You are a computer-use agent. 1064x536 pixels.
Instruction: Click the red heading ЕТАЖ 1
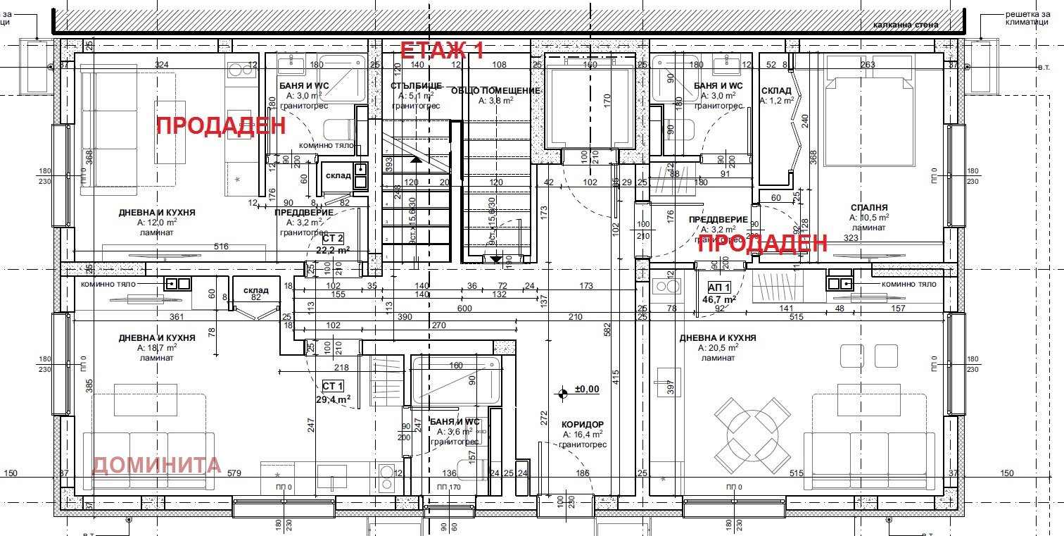coord(442,50)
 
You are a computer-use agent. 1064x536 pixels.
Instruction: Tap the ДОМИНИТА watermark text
coord(157,465)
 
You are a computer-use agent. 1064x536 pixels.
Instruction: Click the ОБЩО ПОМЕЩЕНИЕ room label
coord(505,91)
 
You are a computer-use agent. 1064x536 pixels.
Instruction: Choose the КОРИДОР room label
coord(583,425)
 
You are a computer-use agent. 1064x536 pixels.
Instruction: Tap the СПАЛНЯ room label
coord(868,208)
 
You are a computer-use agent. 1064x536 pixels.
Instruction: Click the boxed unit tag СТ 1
coord(333,386)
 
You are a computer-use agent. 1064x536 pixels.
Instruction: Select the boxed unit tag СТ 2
coord(333,238)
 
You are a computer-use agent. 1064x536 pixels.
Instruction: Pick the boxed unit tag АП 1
coord(718,287)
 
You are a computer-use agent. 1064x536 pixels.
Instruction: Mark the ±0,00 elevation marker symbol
coord(562,394)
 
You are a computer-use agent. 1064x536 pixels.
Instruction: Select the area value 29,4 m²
coord(333,399)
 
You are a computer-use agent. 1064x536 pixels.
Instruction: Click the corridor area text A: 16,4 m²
coord(583,435)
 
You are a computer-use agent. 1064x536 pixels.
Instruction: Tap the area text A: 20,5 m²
coord(718,348)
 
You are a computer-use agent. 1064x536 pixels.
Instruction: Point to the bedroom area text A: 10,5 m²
coord(868,218)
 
